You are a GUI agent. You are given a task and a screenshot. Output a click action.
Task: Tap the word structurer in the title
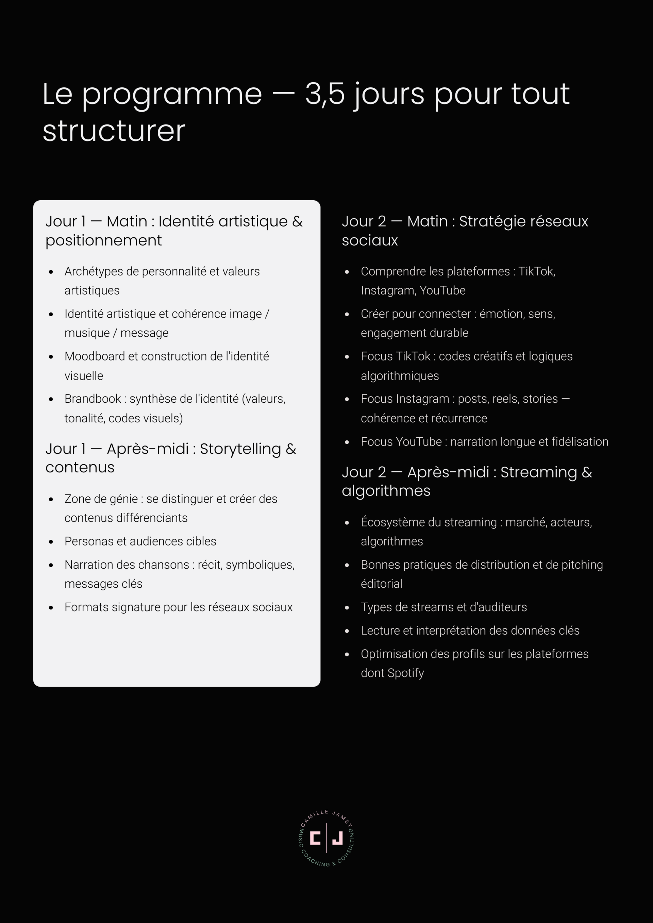point(114,131)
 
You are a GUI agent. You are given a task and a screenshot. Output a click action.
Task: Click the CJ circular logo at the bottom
point(326,838)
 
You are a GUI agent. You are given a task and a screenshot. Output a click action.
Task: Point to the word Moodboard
point(94,356)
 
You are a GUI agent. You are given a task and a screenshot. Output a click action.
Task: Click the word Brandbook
point(93,399)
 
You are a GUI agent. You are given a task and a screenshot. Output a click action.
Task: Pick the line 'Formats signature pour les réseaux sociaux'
point(178,607)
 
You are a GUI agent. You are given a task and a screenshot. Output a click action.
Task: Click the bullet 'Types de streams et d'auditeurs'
point(443,607)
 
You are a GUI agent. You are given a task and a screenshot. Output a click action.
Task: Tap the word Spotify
point(406,673)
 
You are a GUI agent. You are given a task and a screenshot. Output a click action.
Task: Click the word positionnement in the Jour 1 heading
point(103,240)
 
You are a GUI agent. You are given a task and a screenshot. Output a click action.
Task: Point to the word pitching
point(582,565)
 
